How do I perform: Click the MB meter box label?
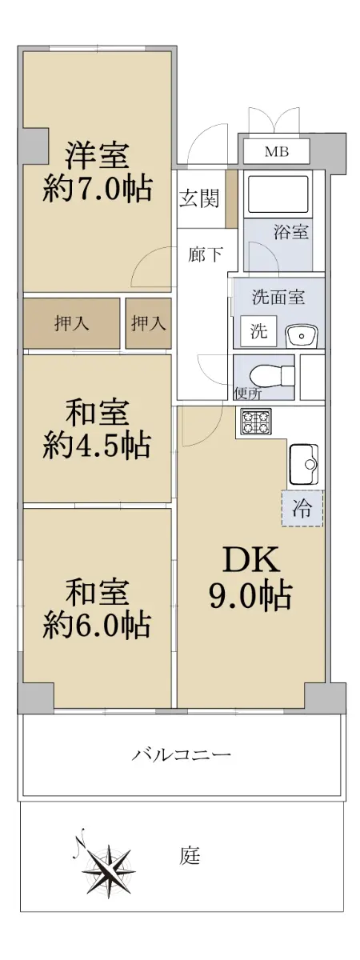coord(277,151)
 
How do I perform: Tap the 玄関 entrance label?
coord(199,198)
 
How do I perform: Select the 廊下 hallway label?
coord(206,254)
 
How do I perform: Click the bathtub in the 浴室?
coord(278,193)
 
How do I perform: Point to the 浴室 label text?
coord(291,232)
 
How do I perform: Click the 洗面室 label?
coord(278,297)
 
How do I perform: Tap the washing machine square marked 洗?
coord(258,330)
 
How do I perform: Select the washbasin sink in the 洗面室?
coord(302,337)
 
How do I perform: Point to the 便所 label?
coord(248,393)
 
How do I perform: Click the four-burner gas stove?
coord(256,422)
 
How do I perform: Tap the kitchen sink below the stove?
coord(304,464)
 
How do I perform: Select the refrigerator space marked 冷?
coord(302,508)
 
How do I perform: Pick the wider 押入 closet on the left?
coord(71,323)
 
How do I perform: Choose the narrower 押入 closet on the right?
coord(148,323)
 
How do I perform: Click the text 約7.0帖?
coord(98,189)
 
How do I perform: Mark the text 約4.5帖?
coord(97,446)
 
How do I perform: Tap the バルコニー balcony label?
coord(181,754)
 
